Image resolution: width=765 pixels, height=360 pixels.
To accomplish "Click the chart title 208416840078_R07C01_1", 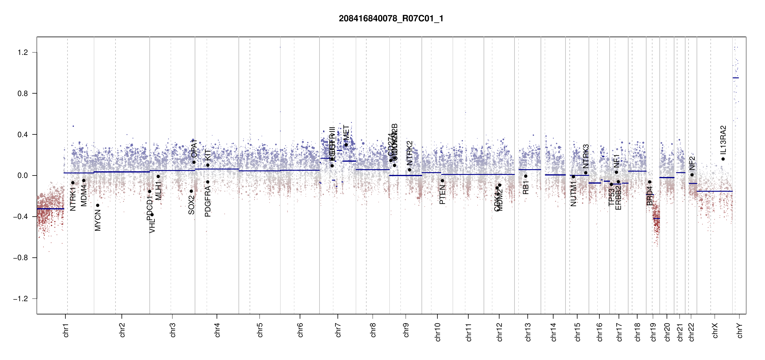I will pos(391,19).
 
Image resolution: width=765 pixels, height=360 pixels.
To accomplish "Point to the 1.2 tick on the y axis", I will pos(22,52).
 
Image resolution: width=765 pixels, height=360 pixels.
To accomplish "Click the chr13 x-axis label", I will pos(528,332).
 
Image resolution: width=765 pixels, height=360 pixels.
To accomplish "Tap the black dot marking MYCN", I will pos(97,205).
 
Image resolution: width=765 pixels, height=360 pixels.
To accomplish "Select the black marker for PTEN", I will pos(442,181).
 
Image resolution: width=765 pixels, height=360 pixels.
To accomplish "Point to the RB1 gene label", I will pos(526,187).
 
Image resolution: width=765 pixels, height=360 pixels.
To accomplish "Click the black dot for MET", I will pos(346,145).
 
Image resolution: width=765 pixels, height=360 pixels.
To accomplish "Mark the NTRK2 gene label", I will pos(409,153).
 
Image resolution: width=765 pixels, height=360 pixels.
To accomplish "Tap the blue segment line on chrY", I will pos(736,78).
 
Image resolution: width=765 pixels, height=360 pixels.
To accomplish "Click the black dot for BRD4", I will pos(649,182).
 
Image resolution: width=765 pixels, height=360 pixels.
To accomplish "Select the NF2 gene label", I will pos(692,163).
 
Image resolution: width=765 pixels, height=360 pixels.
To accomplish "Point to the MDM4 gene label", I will pos(84,195).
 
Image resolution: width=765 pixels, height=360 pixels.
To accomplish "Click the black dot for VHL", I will pos(152,214).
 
